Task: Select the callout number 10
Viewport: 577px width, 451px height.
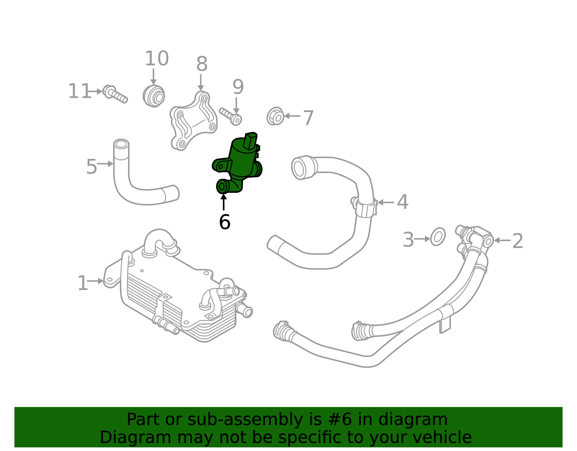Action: (157, 58)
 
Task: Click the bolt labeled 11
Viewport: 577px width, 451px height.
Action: (115, 94)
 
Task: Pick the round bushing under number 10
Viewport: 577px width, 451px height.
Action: (154, 96)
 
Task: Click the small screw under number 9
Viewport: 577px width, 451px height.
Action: (231, 116)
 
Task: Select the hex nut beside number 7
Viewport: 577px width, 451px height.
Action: (276, 116)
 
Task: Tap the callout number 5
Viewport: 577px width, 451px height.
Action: (91, 166)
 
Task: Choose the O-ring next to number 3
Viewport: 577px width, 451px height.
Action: (438, 237)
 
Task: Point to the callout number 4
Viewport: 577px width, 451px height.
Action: (402, 202)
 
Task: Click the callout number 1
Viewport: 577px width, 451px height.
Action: (83, 283)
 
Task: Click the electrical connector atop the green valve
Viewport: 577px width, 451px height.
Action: (250, 140)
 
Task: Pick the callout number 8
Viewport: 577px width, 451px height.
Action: (202, 64)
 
